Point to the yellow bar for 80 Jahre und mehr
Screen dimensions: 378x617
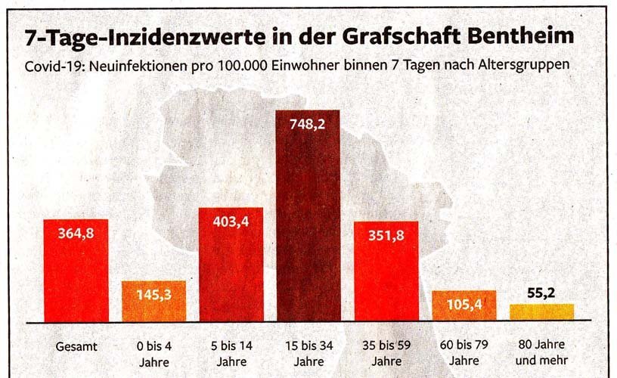541,311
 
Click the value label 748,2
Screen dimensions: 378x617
307,125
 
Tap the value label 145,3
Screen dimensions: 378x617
153,296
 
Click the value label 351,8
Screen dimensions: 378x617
386,235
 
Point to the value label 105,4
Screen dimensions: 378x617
464,305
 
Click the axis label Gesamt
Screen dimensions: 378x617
76,346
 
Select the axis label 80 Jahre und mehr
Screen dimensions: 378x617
541,353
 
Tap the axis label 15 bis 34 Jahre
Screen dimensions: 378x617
307,353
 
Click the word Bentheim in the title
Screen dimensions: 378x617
515,36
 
